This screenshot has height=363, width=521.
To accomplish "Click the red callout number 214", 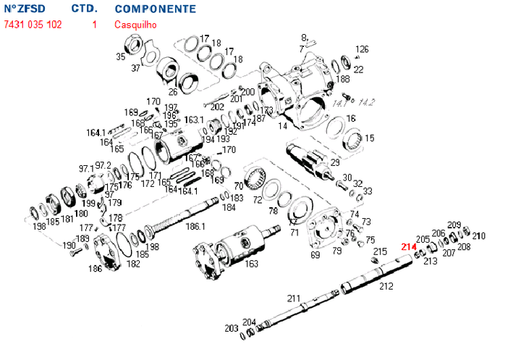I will coord(409,246).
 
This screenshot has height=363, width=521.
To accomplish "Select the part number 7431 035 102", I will coord(33,25).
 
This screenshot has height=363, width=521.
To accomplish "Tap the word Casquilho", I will coord(135,25).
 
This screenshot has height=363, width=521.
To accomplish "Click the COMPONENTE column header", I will coord(155,9).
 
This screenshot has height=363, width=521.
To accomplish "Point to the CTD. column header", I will coord(85,9).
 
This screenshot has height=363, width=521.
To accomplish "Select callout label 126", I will coord(362,49).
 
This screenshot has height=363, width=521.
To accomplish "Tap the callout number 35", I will coord(121,56).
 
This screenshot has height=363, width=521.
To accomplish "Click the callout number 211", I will coord(293,298).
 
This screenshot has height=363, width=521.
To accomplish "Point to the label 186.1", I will coord(196,227).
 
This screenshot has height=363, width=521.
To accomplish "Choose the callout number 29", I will coord(335,163).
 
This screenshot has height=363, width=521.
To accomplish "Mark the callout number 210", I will coord(479,235).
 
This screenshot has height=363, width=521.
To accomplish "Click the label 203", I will coord(231,328).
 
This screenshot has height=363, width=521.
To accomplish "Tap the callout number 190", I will coord(69,246).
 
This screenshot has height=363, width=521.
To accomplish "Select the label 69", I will coord(315,254).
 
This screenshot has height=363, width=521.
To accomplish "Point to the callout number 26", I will coord(173,91).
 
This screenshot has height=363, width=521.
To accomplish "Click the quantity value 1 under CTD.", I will coord(94,25).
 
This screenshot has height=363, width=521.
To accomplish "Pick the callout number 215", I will coord(381,251).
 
